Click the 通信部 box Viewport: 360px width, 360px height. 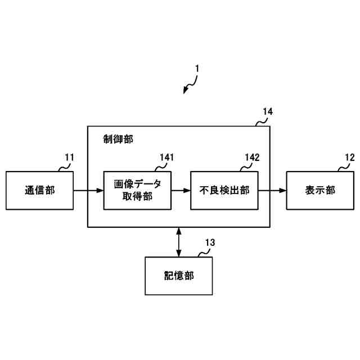(x=39, y=190)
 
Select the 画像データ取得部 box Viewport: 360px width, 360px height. (x=138, y=190)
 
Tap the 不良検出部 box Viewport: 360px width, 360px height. (x=224, y=190)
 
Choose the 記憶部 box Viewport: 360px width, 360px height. (x=179, y=276)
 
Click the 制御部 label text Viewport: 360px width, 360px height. (x=118, y=138)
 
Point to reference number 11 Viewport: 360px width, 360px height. (x=69, y=157)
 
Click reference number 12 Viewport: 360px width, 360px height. (x=349, y=157)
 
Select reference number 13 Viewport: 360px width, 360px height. (x=210, y=242)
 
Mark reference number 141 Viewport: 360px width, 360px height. (x=166, y=157)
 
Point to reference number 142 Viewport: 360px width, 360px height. (x=252, y=157)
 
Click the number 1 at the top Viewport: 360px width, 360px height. (x=197, y=69)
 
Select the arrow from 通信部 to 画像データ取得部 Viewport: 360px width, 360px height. (x=88, y=191)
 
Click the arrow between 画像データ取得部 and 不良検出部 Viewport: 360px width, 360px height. (x=181, y=191)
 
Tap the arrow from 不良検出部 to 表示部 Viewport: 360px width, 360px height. (x=272, y=191)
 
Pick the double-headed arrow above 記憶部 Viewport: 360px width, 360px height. (x=179, y=241)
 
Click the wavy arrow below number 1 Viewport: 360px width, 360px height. (x=190, y=85)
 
